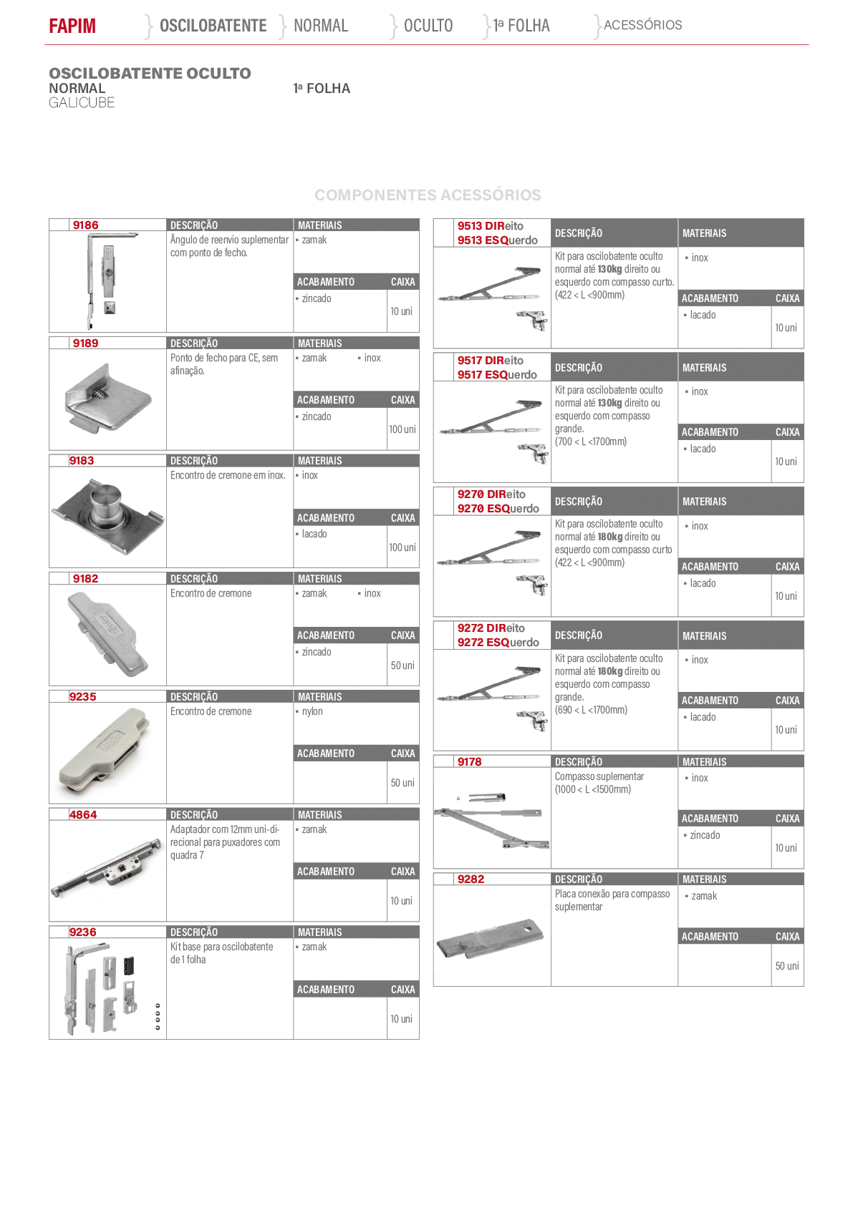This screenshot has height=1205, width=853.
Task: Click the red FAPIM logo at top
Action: point(72,26)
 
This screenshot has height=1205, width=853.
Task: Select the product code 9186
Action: point(86,225)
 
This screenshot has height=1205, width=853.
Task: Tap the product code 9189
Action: point(86,343)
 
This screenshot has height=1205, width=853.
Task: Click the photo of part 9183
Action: point(107,517)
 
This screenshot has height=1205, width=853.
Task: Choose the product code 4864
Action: point(83,814)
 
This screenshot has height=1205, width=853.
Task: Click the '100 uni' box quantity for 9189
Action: point(403,429)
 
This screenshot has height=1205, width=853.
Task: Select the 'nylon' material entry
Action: point(312,711)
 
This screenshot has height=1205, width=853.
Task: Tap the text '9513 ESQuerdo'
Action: point(497,240)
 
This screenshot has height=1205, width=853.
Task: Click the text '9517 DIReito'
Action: point(490,361)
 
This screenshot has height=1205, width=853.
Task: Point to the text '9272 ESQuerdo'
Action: point(498,643)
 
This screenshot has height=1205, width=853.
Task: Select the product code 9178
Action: point(469,762)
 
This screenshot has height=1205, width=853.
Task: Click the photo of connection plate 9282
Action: point(490,939)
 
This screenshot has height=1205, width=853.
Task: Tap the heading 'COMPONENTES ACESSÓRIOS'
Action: point(428,195)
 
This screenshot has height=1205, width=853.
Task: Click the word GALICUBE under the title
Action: point(82,103)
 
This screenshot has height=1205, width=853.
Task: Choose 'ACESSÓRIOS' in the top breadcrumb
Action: point(642,25)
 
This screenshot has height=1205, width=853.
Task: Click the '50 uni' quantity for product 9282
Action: point(787,965)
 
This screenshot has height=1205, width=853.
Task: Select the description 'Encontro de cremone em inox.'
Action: point(228,475)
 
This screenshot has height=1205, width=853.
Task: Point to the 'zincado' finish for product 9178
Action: point(704,835)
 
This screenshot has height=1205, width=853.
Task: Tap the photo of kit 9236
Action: point(107,989)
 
